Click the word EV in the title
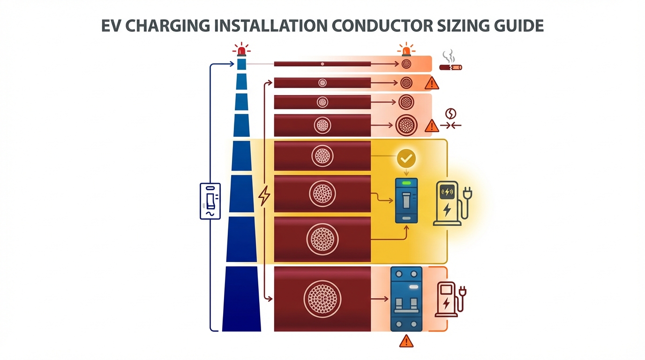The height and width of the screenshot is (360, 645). click(112, 25)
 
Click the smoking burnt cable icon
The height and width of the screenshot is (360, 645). click(450, 63)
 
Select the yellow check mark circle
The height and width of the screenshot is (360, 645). click(406, 159)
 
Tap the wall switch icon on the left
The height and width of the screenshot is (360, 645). click(210, 201)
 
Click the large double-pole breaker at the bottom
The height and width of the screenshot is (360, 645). click(406, 299)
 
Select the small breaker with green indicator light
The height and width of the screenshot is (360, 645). click(406, 201)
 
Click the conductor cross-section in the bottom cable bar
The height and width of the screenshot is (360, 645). click(322, 299)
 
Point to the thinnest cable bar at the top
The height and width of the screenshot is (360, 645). click(322, 64)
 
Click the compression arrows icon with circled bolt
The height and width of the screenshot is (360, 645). click(450, 119)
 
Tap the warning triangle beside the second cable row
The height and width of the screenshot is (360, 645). click(431, 83)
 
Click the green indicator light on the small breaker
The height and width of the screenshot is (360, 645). click(406, 183)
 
